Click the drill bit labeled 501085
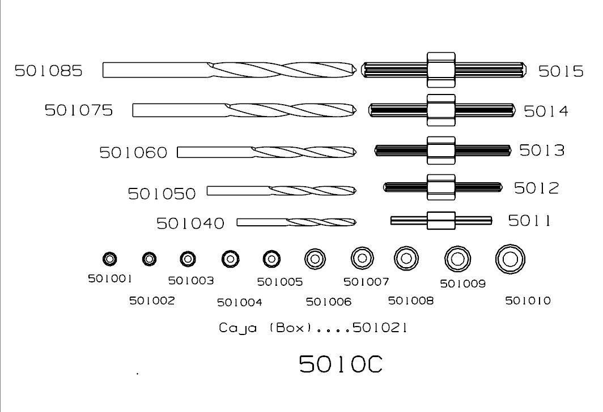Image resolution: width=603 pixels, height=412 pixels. click(x=229, y=70)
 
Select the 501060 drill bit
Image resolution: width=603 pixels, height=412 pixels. click(x=266, y=152)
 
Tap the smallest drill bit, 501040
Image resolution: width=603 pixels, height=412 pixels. click(x=296, y=222)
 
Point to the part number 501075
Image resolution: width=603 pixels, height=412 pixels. click(x=79, y=110)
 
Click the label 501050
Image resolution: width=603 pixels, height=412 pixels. click(x=162, y=194)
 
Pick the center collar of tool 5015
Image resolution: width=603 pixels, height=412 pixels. click(x=441, y=70)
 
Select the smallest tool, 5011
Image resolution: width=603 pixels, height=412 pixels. click(x=441, y=220)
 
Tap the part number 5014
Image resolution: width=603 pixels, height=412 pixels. click(x=545, y=111)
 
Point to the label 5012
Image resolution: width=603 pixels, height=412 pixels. click(x=536, y=187)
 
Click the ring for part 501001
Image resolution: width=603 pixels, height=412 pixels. click(x=110, y=259)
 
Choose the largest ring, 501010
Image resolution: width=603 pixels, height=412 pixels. click(x=509, y=259)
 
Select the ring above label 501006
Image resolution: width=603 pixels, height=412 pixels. click(x=315, y=259)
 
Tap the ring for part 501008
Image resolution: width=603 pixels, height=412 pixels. click(x=406, y=259)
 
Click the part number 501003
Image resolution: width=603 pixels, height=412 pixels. click(x=191, y=280)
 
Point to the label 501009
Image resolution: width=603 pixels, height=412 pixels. click(x=463, y=284)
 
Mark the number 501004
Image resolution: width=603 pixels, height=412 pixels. click(x=240, y=302)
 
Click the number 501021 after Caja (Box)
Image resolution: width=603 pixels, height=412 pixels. click(x=380, y=328)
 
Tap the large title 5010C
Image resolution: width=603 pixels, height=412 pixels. click(x=341, y=364)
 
